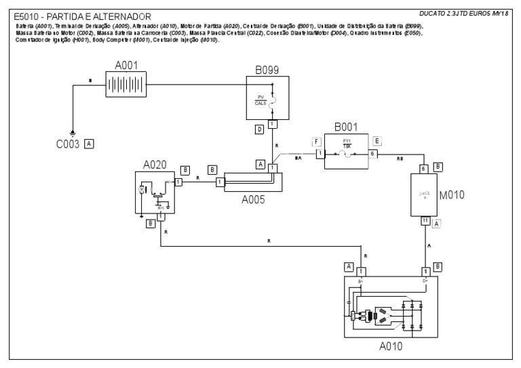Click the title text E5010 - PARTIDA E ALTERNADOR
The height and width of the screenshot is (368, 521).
pyautogui.click(x=82, y=16)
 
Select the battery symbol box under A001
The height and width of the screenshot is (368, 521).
pyautogui.click(x=127, y=84)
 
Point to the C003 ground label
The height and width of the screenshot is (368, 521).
pyautogui.click(x=68, y=144)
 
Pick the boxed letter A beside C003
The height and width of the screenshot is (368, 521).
pyautogui.click(x=88, y=144)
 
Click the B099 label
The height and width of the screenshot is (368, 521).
pyautogui.click(x=267, y=68)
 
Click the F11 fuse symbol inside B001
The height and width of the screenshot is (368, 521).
pyautogui.click(x=346, y=155)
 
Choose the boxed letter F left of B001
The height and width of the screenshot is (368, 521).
pyautogui.click(x=315, y=141)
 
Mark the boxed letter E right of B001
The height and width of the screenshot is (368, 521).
pyautogui.click(x=378, y=141)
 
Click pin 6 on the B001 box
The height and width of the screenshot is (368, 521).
pyautogui.click(x=372, y=155)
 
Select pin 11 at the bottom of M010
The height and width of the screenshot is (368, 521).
pyautogui.click(x=424, y=221)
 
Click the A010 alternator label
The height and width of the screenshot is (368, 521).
pyautogui.click(x=391, y=346)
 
